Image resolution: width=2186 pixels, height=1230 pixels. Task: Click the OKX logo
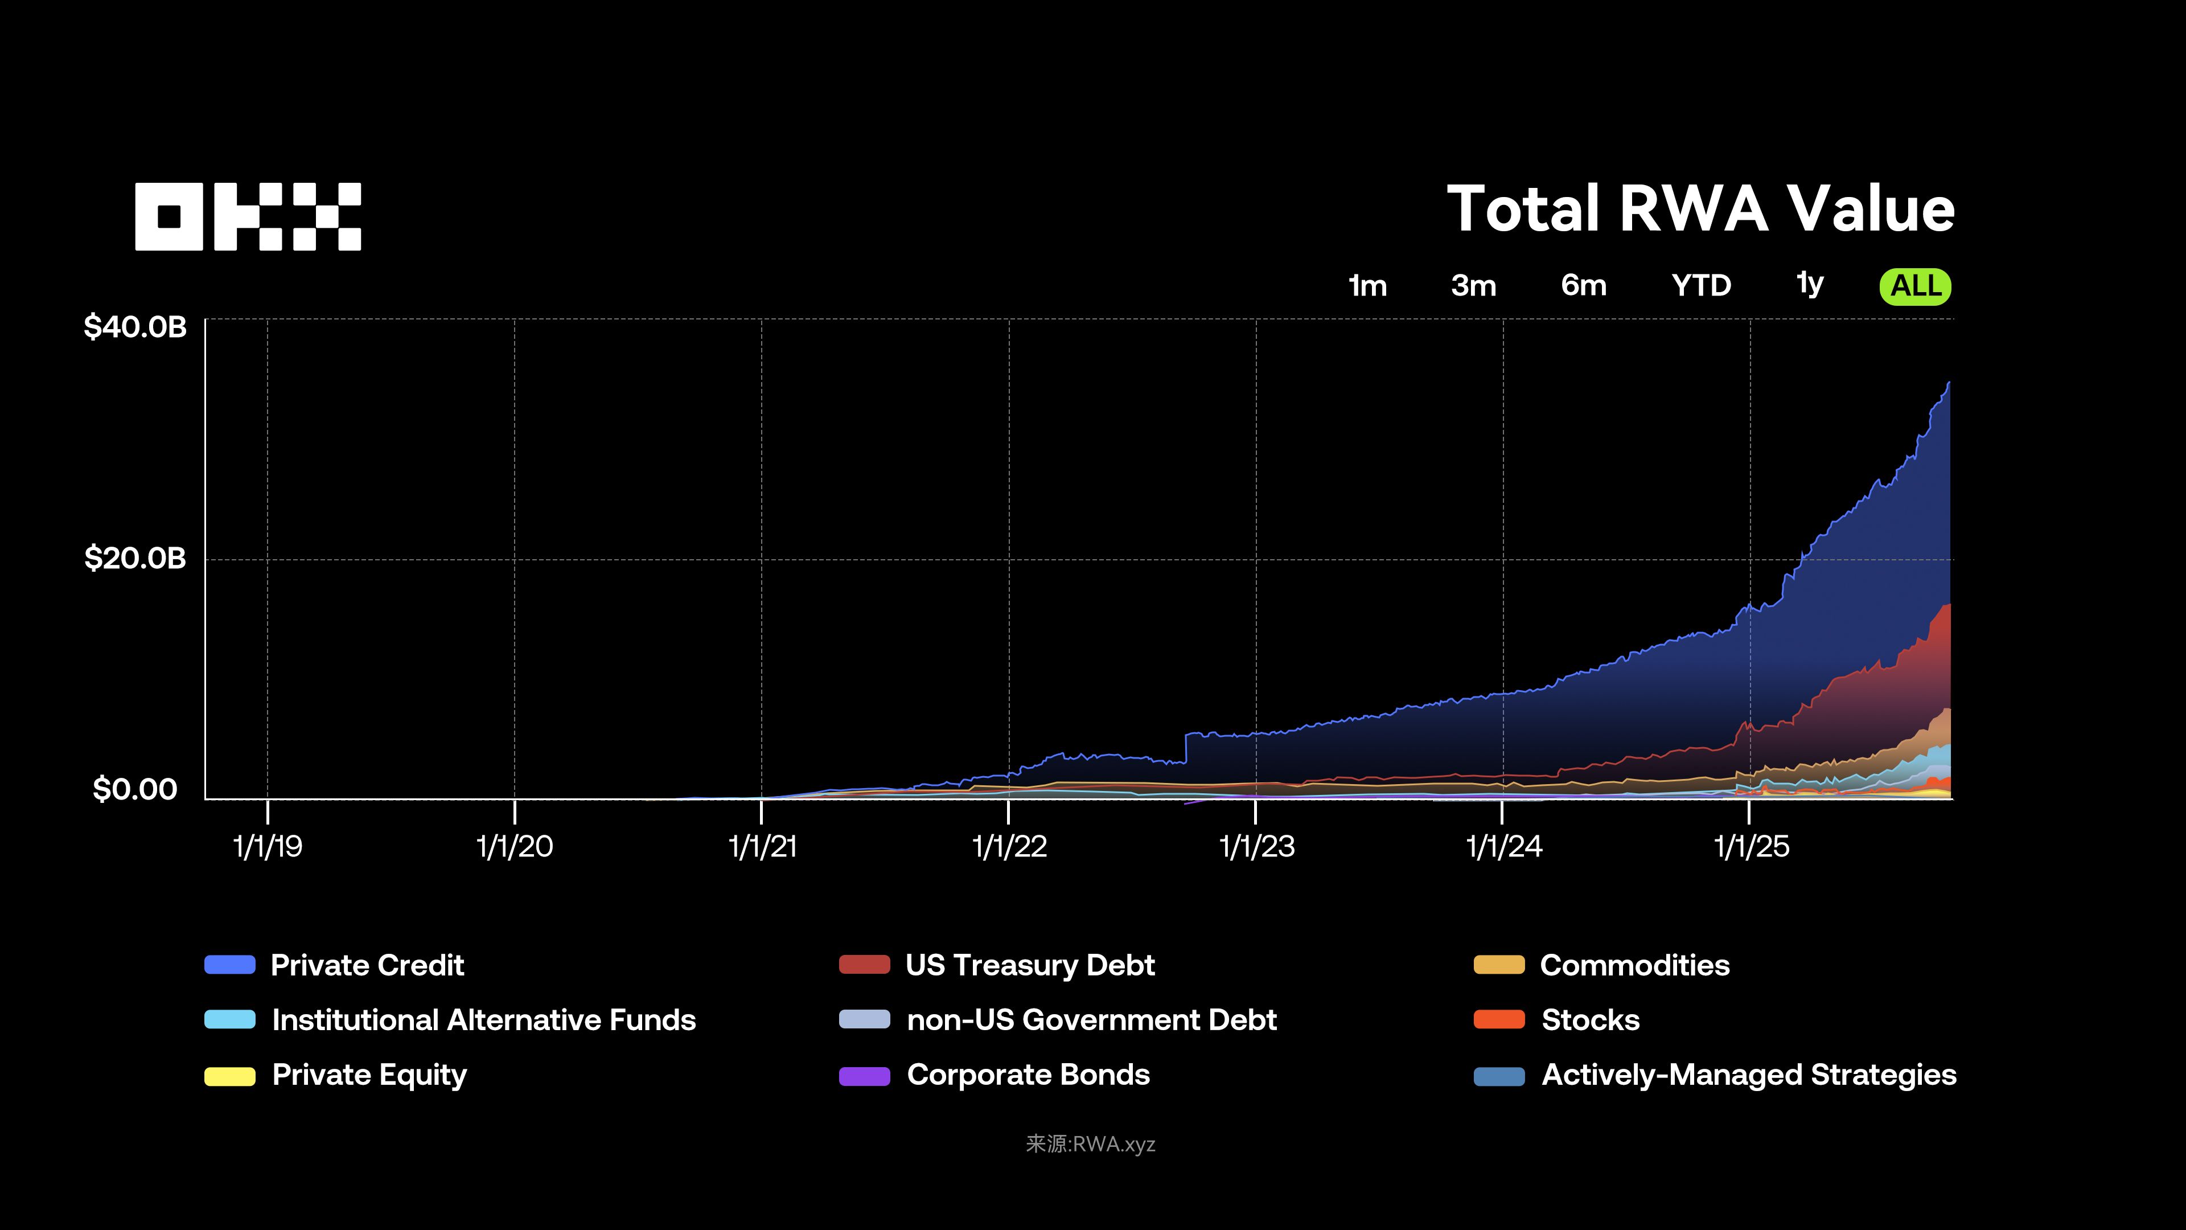point(248,216)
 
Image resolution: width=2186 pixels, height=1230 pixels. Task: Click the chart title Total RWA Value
point(1700,209)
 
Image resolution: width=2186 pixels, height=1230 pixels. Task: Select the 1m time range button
point(1367,285)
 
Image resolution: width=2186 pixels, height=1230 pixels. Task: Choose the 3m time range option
point(1473,285)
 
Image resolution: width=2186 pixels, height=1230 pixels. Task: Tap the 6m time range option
point(1584,285)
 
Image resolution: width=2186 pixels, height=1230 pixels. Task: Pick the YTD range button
point(1700,285)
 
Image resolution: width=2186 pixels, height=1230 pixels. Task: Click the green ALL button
point(1915,286)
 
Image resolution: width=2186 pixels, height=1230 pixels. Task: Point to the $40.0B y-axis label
point(135,327)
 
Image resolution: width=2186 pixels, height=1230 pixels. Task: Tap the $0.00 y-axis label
point(135,789)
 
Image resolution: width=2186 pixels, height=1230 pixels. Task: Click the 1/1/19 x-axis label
point(268,846)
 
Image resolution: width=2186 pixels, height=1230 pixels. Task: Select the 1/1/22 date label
point(1009,846)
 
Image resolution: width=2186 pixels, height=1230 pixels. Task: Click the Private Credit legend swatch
point(230,964)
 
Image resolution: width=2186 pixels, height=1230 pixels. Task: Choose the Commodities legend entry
point(1634,965)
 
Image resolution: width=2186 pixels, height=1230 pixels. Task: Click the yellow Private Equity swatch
point(230,1076)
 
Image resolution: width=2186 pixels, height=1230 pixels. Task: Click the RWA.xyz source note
point(1091,1143)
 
